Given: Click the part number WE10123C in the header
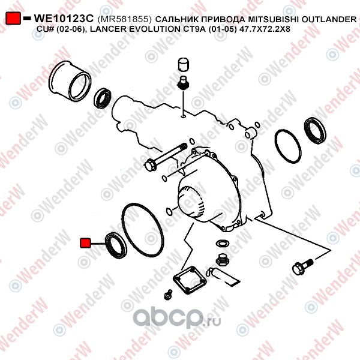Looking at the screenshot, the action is coord(64,19).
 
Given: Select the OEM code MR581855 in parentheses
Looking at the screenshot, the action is coord(125,19).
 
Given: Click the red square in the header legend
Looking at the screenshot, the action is coord(13,19).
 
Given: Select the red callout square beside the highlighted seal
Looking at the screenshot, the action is coord(85,243).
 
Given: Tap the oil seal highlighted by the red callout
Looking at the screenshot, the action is coord(116,245).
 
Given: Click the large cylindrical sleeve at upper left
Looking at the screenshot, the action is coord(70,80).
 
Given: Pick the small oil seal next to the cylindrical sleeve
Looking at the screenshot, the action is coord(103,98).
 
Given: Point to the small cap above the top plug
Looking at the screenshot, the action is coord(184,65).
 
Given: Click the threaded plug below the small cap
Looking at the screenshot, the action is coord(183,83).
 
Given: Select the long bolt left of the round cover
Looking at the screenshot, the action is coord(166,157).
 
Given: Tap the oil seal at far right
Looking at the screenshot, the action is coord(315,130).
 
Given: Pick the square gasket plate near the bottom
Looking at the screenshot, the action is coord(190,280).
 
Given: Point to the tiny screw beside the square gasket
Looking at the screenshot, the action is coord(168,295).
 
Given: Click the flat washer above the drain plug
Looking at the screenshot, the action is coord(222,243).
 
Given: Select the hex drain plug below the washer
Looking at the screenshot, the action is coord(222,260).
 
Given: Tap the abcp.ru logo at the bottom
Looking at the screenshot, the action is coord(177,318).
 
